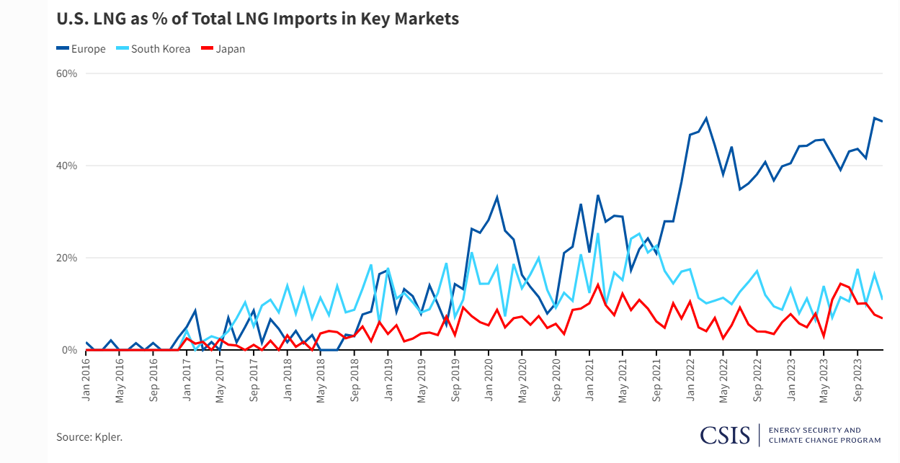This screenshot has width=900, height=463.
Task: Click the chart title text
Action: [257, 19]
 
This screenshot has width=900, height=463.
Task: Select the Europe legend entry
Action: [81, 49]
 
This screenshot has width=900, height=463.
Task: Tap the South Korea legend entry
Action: [153, 49]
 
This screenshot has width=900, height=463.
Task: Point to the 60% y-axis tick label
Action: [67, 73]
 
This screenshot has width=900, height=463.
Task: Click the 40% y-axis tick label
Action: [67, 166]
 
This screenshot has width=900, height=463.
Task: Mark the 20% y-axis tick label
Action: [67, 258]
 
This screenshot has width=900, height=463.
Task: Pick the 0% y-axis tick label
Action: [69, 350]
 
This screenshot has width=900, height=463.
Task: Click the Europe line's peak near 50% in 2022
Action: [706, 118]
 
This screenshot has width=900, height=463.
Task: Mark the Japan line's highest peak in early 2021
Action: [597, 284]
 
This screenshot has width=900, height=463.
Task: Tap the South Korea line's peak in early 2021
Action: [597, 233]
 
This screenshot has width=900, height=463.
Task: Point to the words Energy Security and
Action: [814, 430]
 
